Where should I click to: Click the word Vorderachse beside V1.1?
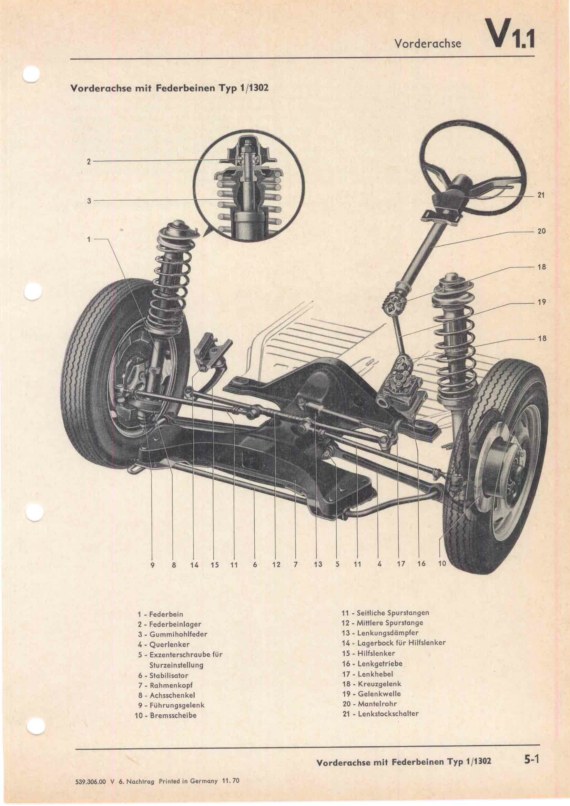[x=427, y=43]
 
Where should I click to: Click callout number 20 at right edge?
[x=541, y=231]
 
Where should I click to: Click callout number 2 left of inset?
[x=89, y=162]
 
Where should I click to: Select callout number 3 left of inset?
[x=89, y=201]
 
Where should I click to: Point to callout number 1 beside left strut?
[x=89, y=239]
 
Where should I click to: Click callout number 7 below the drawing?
[x=296, y=575]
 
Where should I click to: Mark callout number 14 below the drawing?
[x=194, y=575]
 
